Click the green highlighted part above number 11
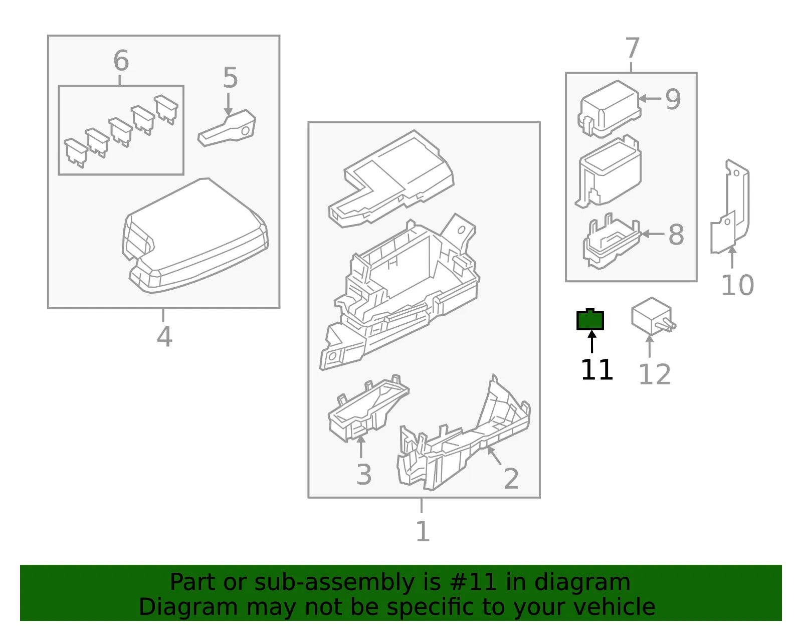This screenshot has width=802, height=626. tap(590, 319)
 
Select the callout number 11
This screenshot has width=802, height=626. tap(597, 369)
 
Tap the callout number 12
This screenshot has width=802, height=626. tap(654, 374)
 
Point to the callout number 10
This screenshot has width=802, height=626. tap(737, 285)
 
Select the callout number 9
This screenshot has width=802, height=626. tap(673, 99)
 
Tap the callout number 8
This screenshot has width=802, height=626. tap(676, 235)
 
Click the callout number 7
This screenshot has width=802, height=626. tap(632, 48)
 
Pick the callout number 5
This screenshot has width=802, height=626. tap(231, 78)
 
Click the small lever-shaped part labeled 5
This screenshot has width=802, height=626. tap(227, 128)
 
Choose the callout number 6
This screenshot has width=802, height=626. tap(121, 61)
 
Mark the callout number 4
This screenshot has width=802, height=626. tap(164, 337)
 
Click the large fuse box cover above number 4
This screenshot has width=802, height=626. tap(195, 236)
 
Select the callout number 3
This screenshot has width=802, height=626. tap(364, 475)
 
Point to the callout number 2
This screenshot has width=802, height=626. tap(511, 479)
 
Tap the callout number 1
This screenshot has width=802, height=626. tap(423, 532)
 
